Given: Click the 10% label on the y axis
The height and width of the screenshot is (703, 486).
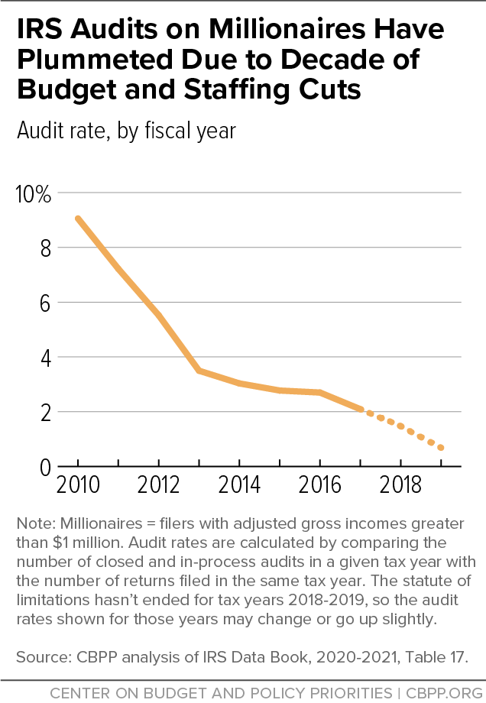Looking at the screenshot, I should coord(33,194).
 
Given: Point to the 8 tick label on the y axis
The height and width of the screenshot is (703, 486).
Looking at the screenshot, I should coord(44,248).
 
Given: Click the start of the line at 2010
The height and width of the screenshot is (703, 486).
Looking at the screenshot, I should coord(78,219).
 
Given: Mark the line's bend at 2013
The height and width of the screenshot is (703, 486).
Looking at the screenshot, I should coord(199,371).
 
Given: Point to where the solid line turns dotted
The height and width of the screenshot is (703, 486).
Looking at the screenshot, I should coord(360,410).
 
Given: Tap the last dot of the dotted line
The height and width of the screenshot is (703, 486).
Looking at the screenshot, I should coord(441,448).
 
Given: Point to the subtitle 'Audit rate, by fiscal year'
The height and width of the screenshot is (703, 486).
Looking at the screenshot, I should coord(126,131).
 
